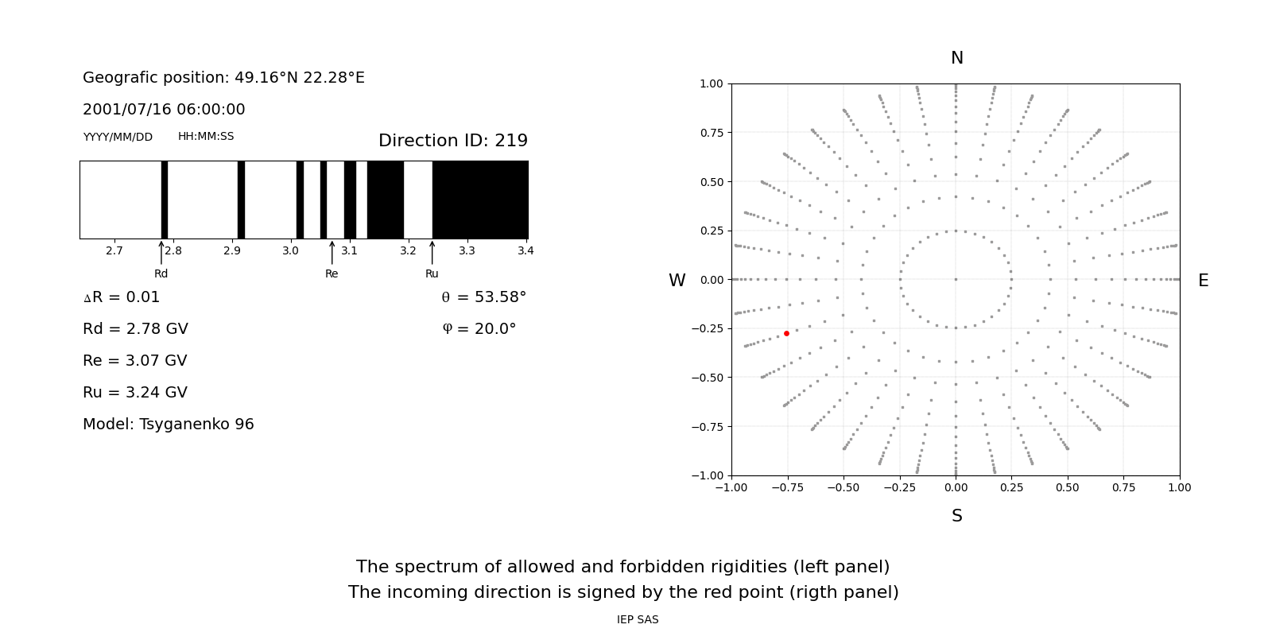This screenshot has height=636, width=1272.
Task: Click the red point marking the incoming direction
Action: click(786, 333)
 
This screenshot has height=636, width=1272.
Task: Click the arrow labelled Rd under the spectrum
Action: click(161, 253)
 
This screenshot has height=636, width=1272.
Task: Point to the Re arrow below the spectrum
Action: click(332, 253)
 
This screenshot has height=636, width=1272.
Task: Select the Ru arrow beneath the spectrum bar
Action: click(432, 253)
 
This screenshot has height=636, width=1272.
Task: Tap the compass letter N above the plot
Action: click(956, 58)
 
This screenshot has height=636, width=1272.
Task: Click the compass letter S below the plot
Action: click(956, 516)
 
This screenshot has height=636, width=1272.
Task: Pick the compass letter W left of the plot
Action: click(677, 281)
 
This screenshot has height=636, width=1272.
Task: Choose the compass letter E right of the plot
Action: click(1203, 281)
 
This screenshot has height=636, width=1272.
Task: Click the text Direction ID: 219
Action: click(452, 141)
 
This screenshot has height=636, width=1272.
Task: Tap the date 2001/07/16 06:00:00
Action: click(164, 109)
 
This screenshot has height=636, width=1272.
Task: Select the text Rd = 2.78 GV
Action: click(135, 329)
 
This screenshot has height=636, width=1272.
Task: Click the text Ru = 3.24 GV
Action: click(135, 393)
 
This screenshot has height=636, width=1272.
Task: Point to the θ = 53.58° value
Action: click(483, 297)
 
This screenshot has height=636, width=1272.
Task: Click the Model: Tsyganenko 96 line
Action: click(169, 425)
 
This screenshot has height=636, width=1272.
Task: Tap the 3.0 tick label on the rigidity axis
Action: click(290, 250)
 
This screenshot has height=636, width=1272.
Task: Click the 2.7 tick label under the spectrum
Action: click(114, 250)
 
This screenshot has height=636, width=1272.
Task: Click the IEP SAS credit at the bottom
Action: click(638, 619)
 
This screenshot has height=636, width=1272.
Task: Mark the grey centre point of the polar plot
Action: click(956, 279)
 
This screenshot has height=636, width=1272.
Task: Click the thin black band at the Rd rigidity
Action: click(164, 200)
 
